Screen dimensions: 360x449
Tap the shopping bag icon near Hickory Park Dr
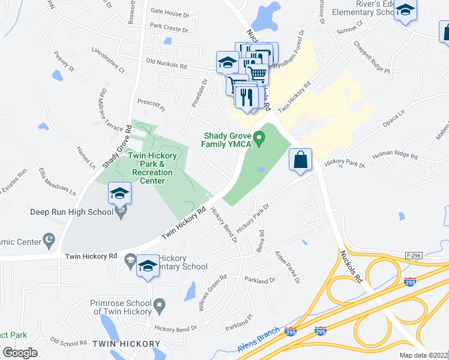click(x=300, y=160)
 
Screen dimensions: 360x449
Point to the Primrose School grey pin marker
click(x=159, y=306)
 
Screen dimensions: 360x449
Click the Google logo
click(x=20, y=353)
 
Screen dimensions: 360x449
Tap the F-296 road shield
click(x=413, y=255)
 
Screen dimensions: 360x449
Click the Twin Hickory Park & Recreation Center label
click(x=151, y=164)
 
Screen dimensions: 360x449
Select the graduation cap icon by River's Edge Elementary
click(x=406, y=11)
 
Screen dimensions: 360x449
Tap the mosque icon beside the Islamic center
click(x=50, y=242)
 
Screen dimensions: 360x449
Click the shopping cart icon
click(x=257, y=74)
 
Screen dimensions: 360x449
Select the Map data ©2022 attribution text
click(x=424, y=355)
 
